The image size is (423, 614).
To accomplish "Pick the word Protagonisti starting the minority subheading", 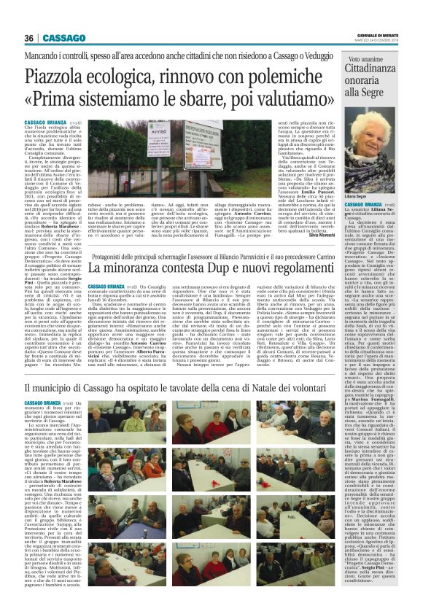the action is (x=117, y=257).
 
